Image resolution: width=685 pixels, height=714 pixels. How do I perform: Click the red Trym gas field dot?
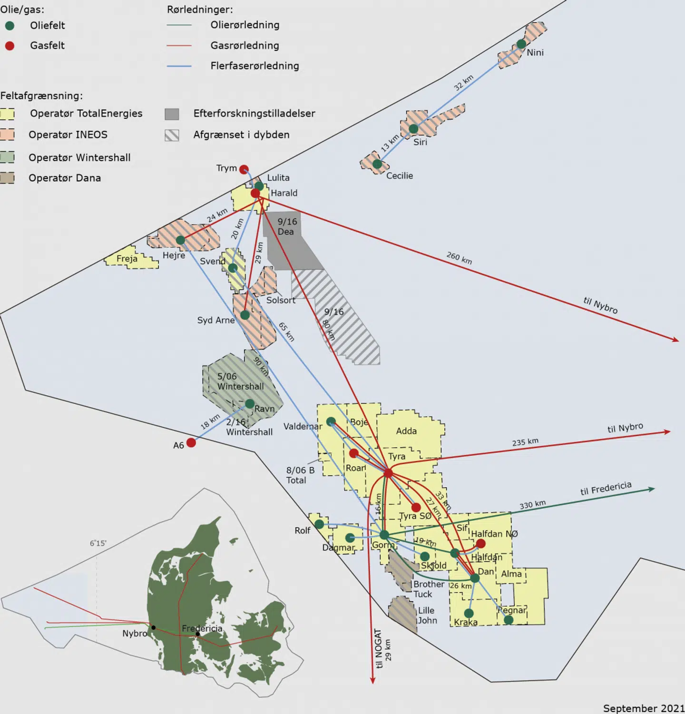(x=244, y=169)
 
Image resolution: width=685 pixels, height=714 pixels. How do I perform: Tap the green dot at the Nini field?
(x=521, y=44)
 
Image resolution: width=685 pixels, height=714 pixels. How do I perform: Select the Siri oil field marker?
(x=413, y=128)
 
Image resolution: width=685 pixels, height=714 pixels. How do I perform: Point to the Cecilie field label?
(x=399, y=176)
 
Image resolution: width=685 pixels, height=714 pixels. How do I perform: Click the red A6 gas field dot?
(x=191, y=443)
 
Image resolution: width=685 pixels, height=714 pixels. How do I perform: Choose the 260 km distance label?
(x=459, y=258)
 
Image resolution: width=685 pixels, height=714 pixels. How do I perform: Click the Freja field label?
(x=127, y=259)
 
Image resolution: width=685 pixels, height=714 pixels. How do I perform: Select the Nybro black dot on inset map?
(x=153, y=627)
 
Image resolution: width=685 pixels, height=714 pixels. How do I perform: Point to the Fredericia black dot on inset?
(x=198, y=634)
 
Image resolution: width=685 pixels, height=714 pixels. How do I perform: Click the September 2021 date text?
(x=643, y=708)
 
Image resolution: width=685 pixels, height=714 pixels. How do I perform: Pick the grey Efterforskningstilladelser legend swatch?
(x=172, y=114)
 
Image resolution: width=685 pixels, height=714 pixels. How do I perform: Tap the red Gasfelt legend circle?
(x=10, y=46)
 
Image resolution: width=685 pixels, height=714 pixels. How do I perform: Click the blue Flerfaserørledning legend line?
(x=179, y=66)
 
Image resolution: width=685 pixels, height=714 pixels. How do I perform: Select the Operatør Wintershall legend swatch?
(x=7, y=157)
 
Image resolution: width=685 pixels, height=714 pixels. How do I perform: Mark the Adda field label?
(x=406, y=431)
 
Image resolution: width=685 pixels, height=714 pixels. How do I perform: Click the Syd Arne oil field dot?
(x=245, y=315)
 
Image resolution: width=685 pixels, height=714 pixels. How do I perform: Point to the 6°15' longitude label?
(x=98, y=543)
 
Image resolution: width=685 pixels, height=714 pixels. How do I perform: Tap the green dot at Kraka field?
(x=469, y=613)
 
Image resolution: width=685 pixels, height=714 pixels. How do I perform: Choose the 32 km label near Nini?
(x=463, y=83)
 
